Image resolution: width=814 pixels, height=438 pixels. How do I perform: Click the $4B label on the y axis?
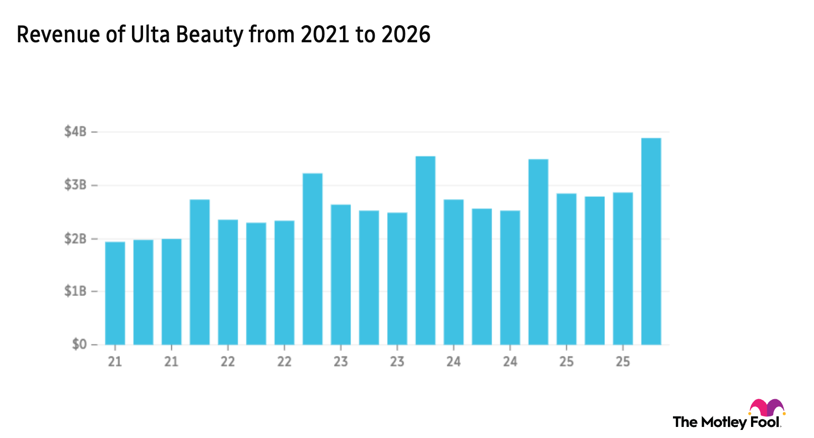click(76, 132)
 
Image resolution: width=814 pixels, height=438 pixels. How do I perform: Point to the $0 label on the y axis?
click(79, 346)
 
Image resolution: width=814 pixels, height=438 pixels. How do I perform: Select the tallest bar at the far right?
click(651, 242)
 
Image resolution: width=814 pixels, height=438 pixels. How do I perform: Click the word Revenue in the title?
click(58, 35)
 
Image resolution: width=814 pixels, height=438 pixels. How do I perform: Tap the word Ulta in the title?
click(150, 35)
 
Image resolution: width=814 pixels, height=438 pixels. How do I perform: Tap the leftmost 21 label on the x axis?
click(115, 361)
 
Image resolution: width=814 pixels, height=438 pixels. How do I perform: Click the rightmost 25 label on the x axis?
click(623, 361)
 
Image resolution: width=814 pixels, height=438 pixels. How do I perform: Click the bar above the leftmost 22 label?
click(228, 282)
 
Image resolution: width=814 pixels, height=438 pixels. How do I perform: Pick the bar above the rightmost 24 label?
click(510, 277)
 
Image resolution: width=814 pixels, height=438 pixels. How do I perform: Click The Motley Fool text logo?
click(725, 423)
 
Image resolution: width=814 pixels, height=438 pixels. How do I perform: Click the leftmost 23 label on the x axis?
click(341, 361)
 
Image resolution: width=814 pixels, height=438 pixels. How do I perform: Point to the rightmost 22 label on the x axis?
click(284, 361)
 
